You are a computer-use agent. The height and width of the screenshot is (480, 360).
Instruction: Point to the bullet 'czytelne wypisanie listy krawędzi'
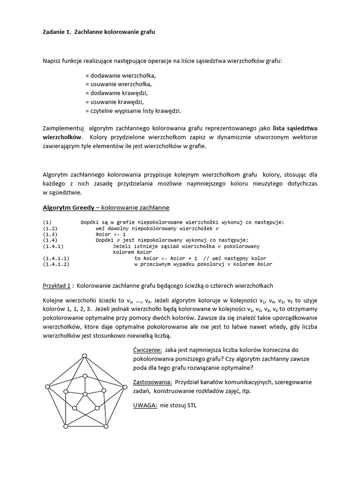click(133, 111)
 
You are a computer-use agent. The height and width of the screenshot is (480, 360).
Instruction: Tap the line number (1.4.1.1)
click(56, 258)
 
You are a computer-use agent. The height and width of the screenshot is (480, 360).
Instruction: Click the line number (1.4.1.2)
click(56, 264)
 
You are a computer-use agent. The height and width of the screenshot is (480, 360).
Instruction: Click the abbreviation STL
click(191, 405)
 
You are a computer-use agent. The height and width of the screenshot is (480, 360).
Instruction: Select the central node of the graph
click(84, 393)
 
